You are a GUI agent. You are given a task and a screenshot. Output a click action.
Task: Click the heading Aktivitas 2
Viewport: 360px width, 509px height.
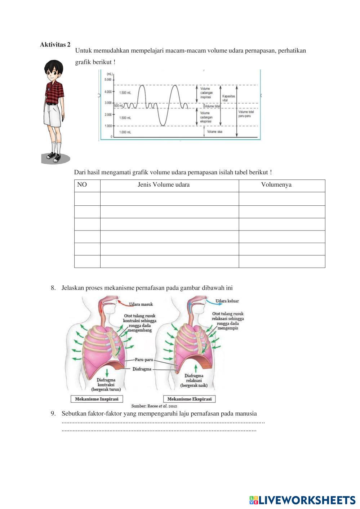click(55, 45)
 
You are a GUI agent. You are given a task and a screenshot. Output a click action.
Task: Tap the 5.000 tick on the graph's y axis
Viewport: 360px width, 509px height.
click(108, 80)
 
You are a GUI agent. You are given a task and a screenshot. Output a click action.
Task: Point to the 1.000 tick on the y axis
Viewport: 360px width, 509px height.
click(108, 126)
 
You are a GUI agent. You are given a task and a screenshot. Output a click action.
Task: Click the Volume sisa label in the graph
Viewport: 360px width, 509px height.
click(215, 132)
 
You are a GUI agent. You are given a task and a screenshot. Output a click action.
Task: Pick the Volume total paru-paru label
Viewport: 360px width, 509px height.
click(246, 114)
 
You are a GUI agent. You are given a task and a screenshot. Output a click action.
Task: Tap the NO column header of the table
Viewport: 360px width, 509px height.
click(82, 185)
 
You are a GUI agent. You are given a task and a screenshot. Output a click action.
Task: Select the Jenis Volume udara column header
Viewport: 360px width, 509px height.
click(164, 185)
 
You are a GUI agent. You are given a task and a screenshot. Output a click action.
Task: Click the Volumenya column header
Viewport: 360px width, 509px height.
click(276, 185)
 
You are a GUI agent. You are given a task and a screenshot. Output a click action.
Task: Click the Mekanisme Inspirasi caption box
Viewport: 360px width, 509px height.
click(97, 399)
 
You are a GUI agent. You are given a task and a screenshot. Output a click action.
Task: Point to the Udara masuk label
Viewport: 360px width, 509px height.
click(141, 304)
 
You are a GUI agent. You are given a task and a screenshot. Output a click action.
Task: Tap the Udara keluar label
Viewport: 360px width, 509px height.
click(227, 301)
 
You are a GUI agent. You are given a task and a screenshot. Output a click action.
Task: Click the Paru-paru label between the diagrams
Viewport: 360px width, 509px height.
click(144, 360)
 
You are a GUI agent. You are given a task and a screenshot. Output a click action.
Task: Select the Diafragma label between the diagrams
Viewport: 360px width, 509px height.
click(142, 369)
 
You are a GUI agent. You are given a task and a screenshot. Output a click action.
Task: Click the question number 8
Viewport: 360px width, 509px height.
click(53, 288)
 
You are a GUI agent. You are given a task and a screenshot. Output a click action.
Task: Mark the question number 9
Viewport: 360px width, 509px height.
click(53, 414)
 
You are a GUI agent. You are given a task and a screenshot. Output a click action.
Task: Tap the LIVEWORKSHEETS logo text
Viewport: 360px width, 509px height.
click(306, 500)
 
